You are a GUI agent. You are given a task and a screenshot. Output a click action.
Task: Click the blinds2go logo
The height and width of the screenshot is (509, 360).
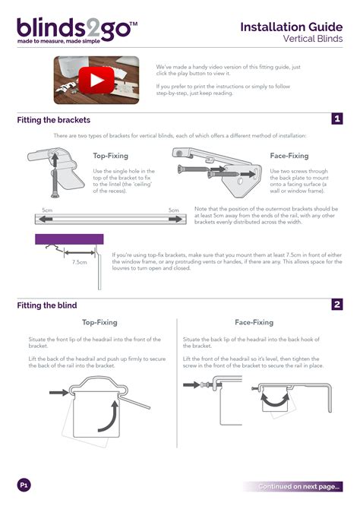pos(77,30)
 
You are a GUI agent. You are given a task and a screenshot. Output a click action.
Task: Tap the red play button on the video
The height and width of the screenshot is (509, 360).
pos(96,81)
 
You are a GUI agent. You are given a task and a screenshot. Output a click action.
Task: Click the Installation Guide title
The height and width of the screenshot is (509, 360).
pos(291,27)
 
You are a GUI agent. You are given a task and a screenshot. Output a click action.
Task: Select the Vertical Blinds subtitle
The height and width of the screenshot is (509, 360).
pos(313,39)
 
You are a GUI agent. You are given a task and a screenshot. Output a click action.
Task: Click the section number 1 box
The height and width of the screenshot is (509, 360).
pos(337,119)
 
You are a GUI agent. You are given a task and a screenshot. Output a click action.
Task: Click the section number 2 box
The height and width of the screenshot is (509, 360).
pos(337,305)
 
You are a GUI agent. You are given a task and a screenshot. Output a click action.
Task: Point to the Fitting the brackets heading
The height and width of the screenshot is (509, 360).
pos(54,120)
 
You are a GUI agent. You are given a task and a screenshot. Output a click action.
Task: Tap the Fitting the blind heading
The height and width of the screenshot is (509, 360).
pos(47,305)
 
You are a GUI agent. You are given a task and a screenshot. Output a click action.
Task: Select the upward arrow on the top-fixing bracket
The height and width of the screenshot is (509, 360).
pos(55,160)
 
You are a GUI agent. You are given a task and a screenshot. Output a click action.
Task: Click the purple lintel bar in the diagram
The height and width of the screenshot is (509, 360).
pos(69,239)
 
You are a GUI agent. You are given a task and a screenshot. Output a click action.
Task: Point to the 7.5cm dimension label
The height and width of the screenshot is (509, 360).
pos(80,262)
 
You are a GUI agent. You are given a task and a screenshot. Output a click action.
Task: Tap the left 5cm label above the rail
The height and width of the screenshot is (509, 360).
pos(47,210)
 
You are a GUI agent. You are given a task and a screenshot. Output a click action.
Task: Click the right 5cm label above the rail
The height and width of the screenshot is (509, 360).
pos(174,210)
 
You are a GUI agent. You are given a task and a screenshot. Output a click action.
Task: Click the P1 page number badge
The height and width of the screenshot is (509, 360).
pos(24,485)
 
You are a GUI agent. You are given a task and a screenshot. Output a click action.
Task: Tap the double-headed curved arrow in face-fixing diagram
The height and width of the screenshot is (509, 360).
pos(275,400)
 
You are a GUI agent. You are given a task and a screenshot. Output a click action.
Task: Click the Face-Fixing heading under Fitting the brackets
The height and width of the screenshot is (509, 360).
pos(289,156)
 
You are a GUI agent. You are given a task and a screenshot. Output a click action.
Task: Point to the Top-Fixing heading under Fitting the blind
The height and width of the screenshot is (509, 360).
pos(99,322)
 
